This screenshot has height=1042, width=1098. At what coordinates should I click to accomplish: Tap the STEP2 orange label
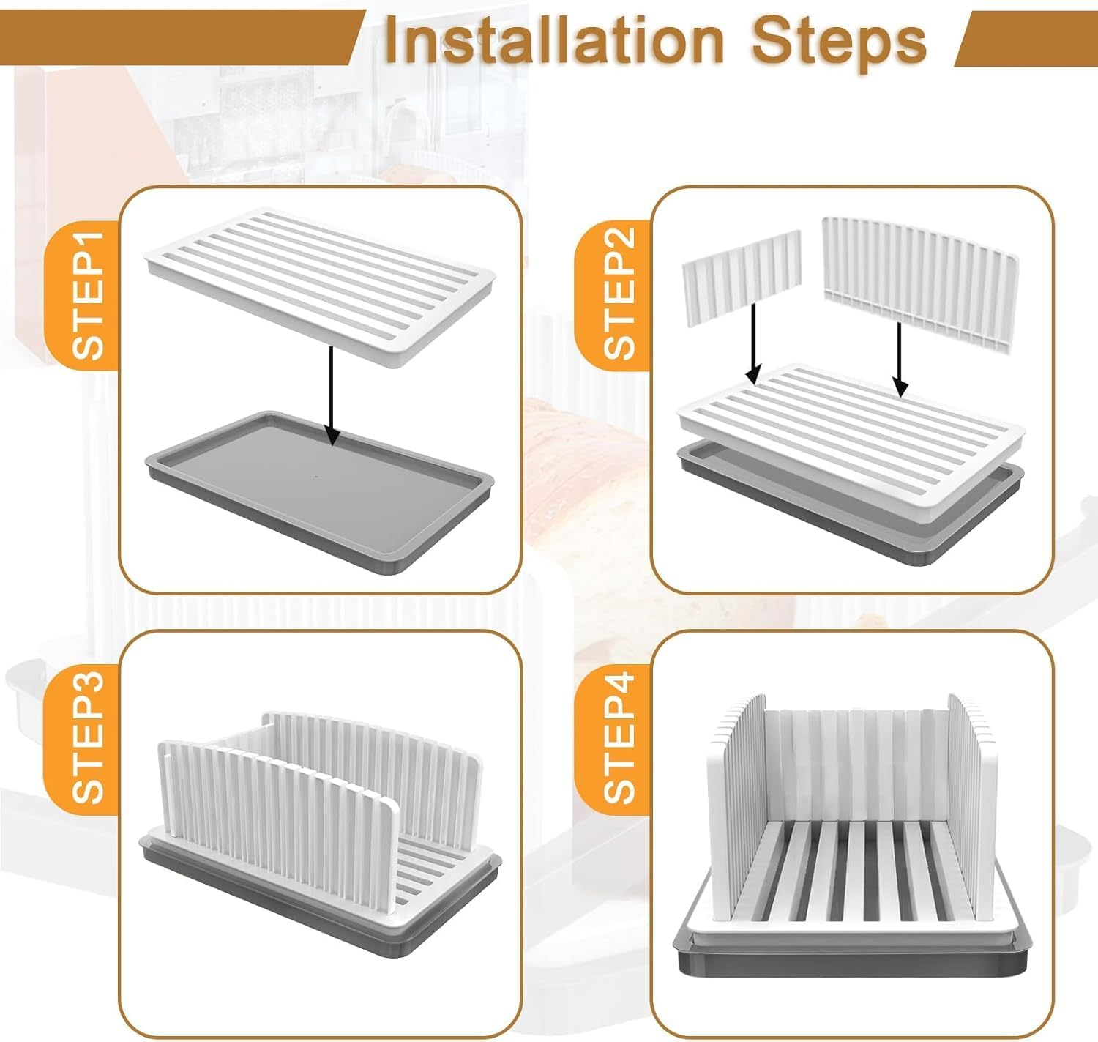tap(619, 293)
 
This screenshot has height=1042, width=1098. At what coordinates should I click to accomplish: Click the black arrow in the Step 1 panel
tap(332, 395)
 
